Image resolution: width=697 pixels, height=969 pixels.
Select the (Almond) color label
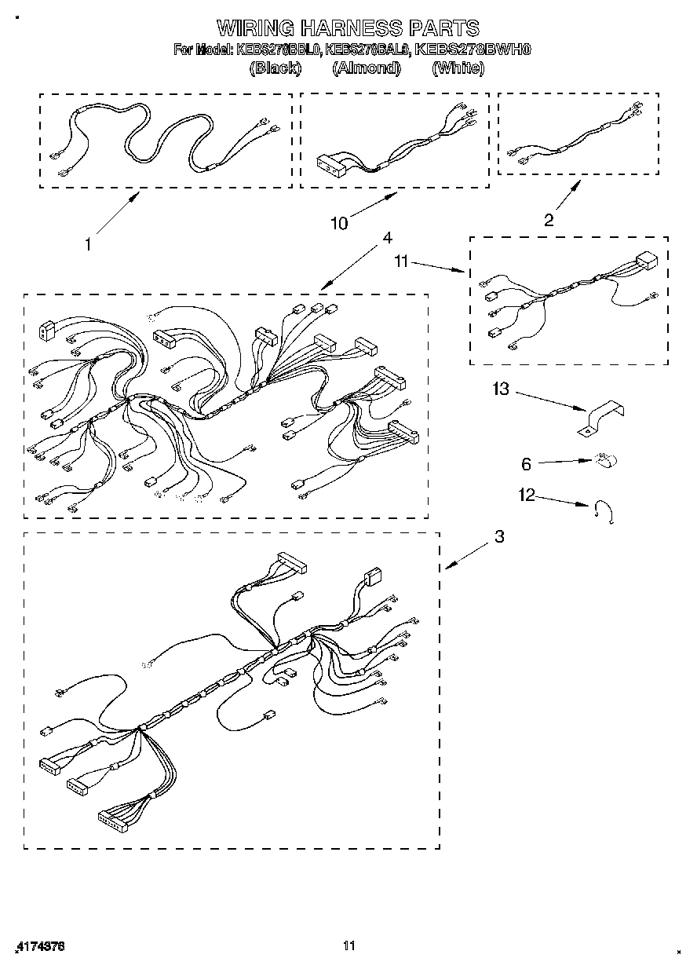coord(366,68)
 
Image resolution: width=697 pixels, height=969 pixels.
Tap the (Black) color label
coord(275,68)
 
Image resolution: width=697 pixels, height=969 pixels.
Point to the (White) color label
coord(458,68)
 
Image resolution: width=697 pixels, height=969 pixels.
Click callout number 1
coord(88,244)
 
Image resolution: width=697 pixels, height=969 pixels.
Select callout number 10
coord(338,223)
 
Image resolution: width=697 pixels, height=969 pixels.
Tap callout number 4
coord(386,237)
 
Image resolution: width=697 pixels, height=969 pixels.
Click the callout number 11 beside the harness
coord(401,261)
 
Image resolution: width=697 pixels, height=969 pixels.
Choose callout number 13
coord(501,389)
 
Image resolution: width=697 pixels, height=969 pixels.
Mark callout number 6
coord(526,464)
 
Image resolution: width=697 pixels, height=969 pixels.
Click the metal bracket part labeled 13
coord(603,418)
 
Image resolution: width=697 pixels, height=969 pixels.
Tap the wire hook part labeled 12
coord(604,512)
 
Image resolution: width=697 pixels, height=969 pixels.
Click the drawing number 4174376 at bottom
coord(39,946)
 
